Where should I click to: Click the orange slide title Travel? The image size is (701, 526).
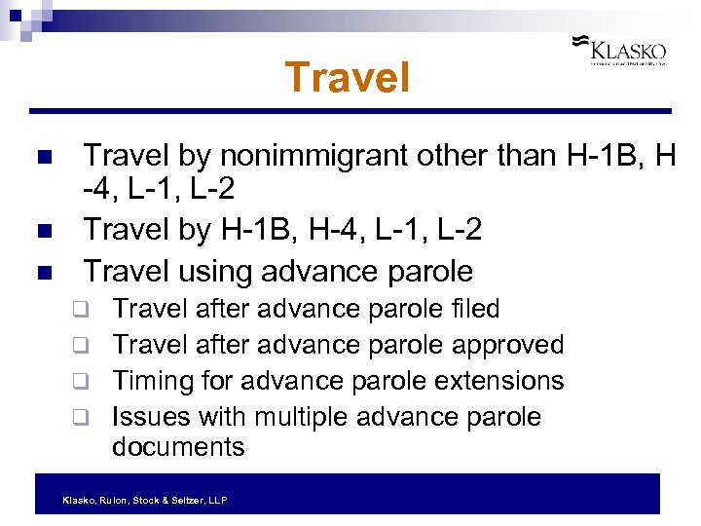pos(348,78)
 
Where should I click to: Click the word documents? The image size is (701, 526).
pos(178,447)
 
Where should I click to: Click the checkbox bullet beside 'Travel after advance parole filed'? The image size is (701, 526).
pos(85,311)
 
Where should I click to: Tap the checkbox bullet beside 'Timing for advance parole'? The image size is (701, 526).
pos(85,382)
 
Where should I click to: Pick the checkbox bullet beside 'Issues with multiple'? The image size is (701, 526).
pos(85,418)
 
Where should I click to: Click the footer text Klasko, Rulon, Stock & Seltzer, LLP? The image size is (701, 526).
pos(144,500)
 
